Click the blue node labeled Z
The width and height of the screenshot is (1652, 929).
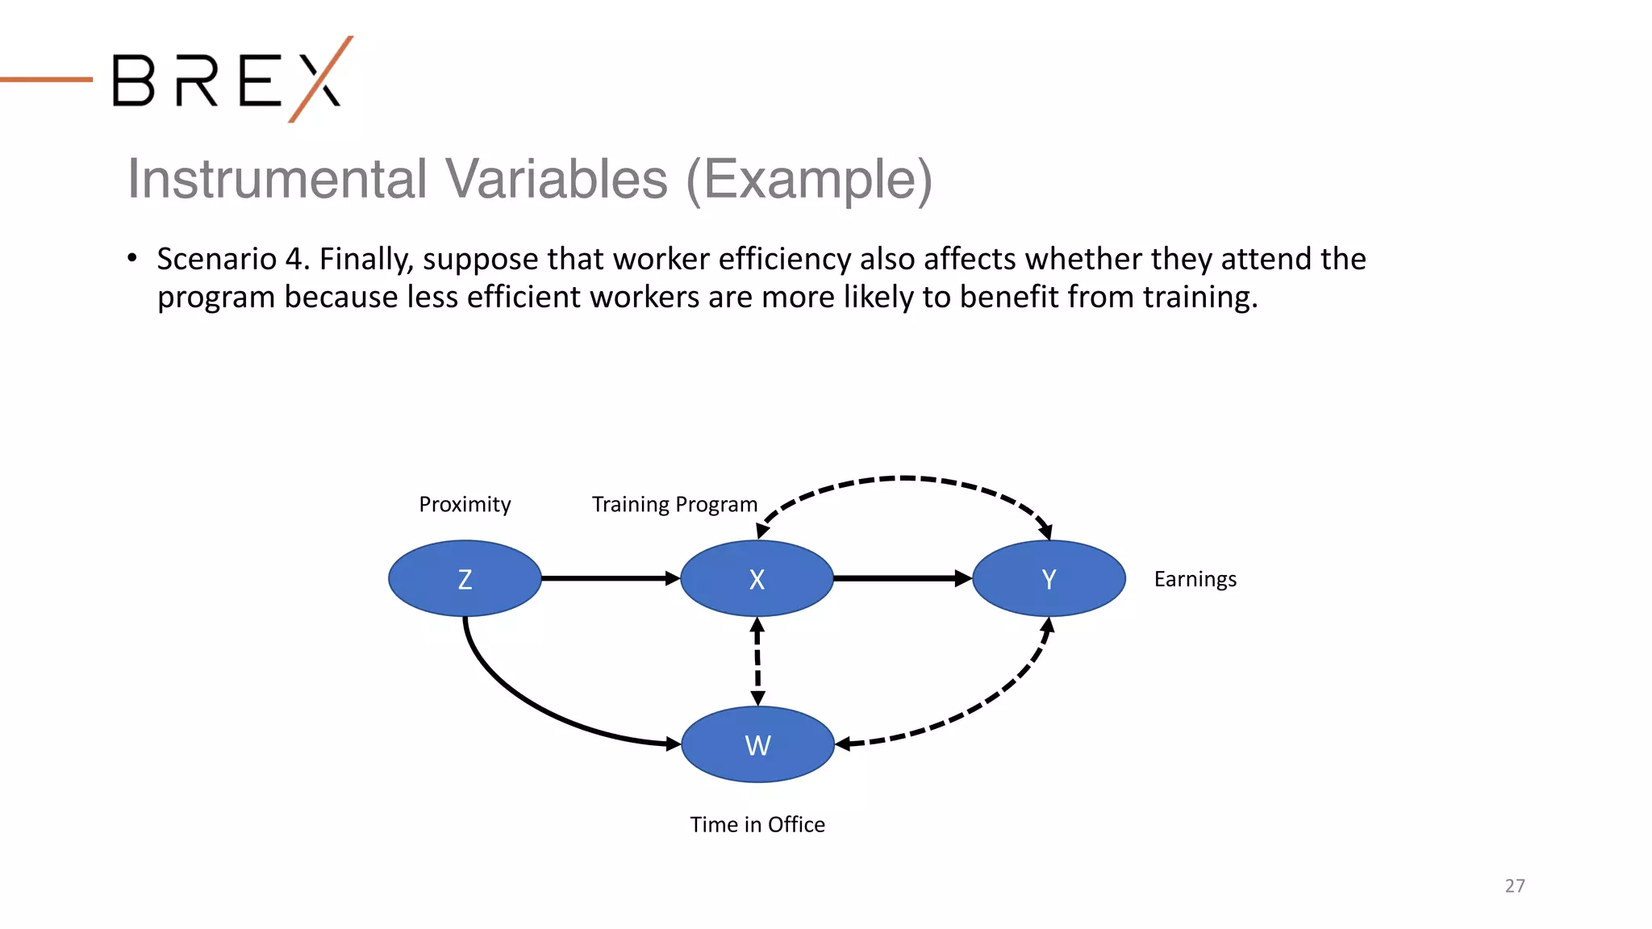tap(465, 578)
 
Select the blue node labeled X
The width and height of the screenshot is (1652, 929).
tap(757, 578)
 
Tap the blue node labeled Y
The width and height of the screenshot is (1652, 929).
tap(1049, 578)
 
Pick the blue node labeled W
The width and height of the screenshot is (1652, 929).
tap(757, 744)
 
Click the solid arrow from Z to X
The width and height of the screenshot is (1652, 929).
tap(609, 578)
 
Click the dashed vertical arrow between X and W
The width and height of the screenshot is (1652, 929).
tap(757, 661)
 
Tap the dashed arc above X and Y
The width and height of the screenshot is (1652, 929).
tap(903, 478)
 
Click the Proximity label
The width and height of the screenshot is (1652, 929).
tap(465, 505)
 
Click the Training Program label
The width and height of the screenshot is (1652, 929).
tap(674, 505)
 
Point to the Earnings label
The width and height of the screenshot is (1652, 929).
tap(1195, 579)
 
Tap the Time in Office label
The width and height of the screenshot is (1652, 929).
tap(757, 824)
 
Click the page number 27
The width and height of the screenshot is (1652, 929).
tap(1514, 885)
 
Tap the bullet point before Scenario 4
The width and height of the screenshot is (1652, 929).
tap(132, 258)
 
